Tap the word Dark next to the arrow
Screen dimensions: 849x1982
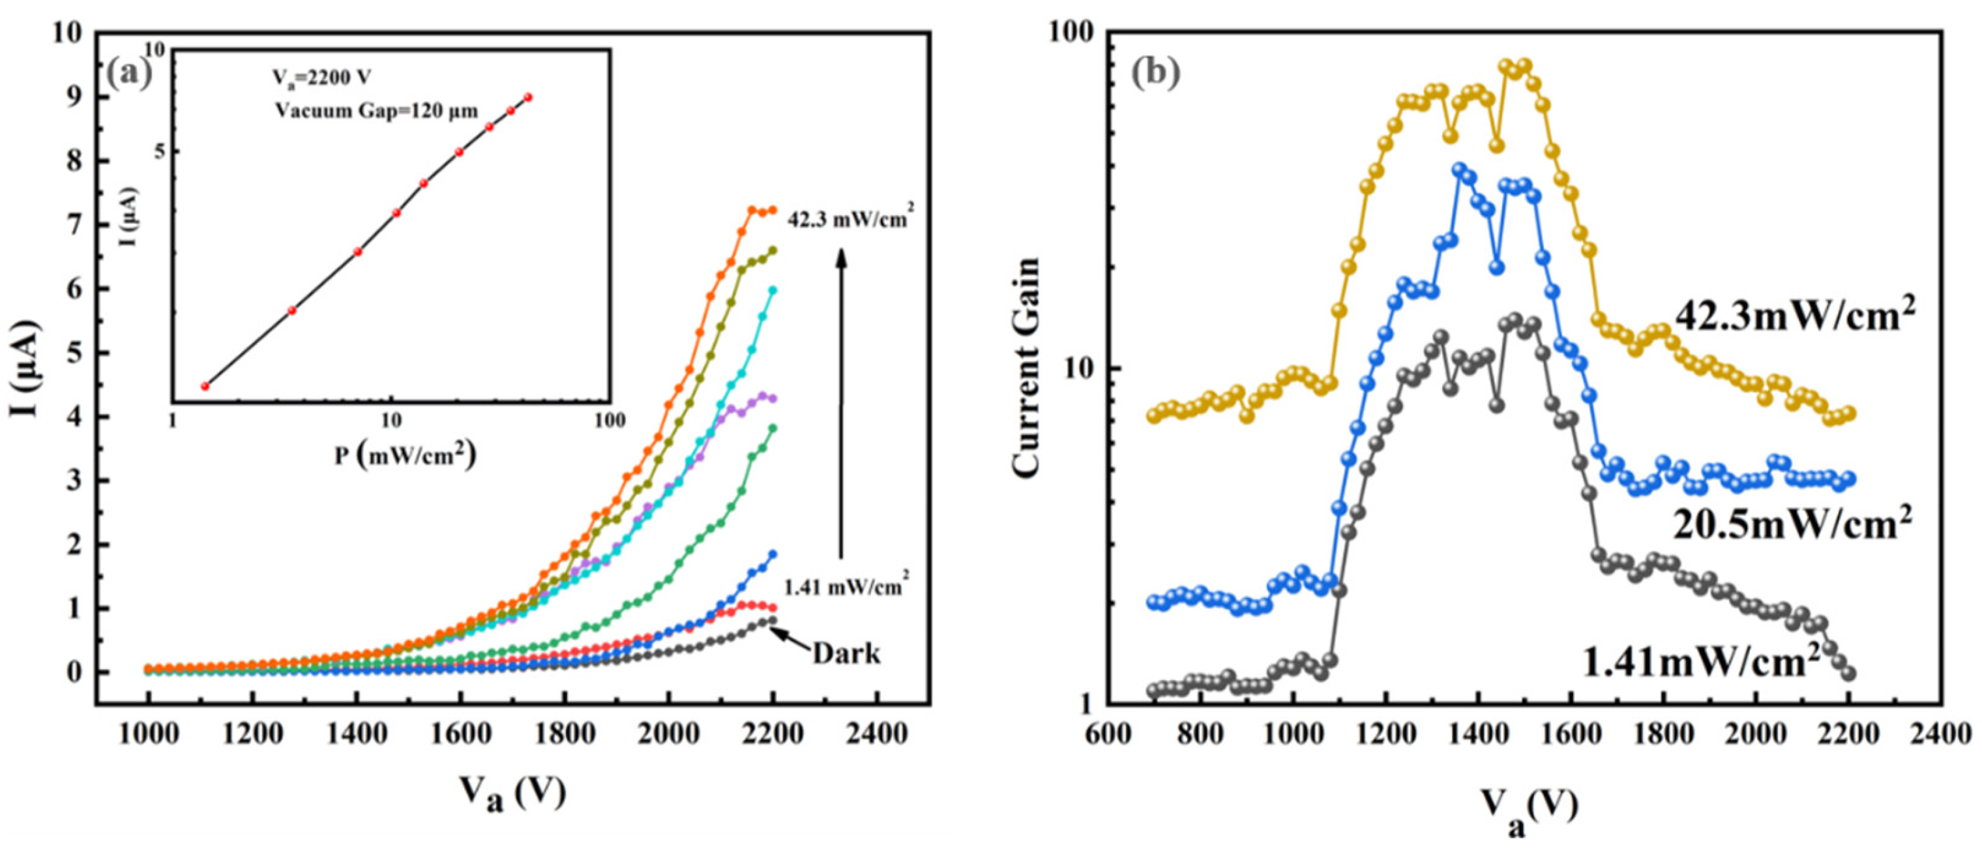[x=846, y=653]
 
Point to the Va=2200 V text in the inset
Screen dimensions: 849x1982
[x=323, y=78]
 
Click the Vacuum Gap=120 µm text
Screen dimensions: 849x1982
[x=377, y=111]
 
